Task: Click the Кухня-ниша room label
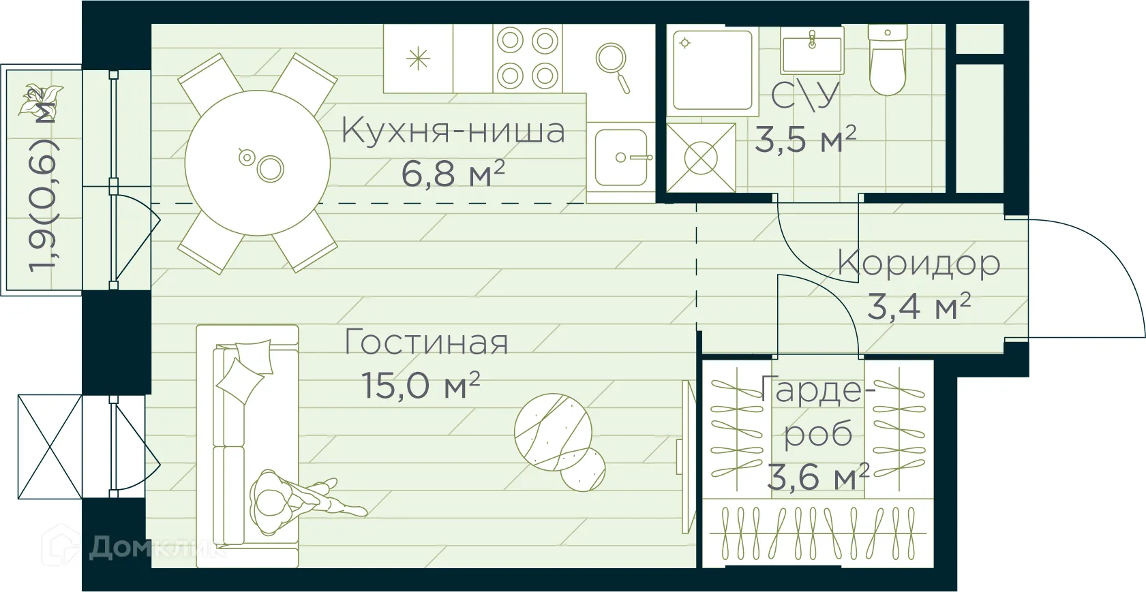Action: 453,130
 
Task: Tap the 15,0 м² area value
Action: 421,386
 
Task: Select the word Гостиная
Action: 427,342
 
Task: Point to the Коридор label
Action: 919,263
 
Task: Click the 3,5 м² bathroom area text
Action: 805,139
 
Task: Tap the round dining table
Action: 258,163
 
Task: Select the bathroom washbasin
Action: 811,52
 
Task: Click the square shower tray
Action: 712,69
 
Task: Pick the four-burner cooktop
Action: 528,59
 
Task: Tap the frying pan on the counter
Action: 613,65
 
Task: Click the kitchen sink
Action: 620,157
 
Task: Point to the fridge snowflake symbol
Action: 418,59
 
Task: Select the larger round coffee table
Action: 553,432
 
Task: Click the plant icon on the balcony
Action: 39,99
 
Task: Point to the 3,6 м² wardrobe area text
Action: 817,477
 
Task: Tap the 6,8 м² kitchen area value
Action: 453,173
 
